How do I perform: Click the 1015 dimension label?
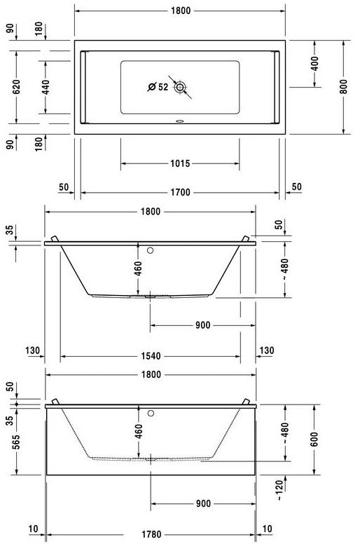(180, 163)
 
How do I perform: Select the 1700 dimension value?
(180, 193)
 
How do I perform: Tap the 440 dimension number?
(46, 87)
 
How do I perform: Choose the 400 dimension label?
(314, 63)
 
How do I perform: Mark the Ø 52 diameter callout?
(158, 87)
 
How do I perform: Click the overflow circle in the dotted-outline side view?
(151, 412)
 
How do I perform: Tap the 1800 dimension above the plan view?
(180, 11)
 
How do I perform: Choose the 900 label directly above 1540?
(202, 326)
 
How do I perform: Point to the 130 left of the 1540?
(31, 351)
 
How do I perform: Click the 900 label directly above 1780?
(202, 503)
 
